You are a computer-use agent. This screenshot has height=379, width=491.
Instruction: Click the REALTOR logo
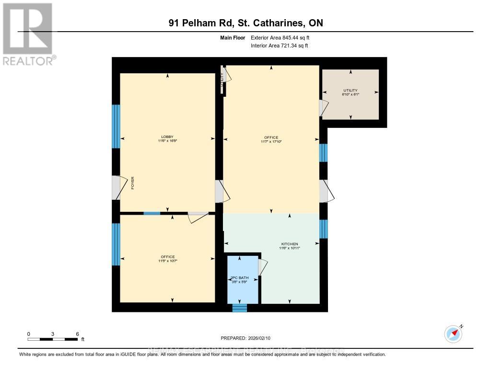27,34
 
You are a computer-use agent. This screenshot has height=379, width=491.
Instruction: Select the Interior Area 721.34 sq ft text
279,46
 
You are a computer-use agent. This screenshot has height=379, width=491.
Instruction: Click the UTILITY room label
350,90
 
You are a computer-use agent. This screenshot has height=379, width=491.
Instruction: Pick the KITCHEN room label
290,244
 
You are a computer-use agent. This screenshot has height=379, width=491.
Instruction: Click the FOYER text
133,184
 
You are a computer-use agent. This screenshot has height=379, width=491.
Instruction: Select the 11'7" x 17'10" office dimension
271,142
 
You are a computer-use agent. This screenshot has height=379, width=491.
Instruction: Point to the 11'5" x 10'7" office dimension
167,261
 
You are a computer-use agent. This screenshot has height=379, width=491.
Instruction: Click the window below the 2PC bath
239,308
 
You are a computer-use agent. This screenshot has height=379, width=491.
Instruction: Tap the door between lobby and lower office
197,217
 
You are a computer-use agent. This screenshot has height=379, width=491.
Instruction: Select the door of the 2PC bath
262,267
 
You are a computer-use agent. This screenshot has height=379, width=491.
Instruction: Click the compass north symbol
453,333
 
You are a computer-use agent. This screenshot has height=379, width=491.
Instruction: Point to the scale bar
52,339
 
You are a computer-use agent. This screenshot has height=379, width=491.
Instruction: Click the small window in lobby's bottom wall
152,213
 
